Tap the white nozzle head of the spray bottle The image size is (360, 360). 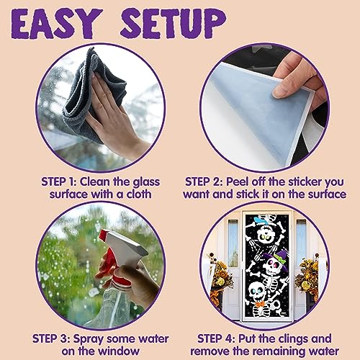[x=124, y=247]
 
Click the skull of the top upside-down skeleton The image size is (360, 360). [x=266, y=234]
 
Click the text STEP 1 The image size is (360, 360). [x=59, y=182]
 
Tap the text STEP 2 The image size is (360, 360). [x=203, y=182]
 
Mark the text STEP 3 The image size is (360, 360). [x=51, y=339]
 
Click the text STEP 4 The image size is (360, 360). [x=216, y=339]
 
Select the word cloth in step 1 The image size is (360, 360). [x=139, y=194]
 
